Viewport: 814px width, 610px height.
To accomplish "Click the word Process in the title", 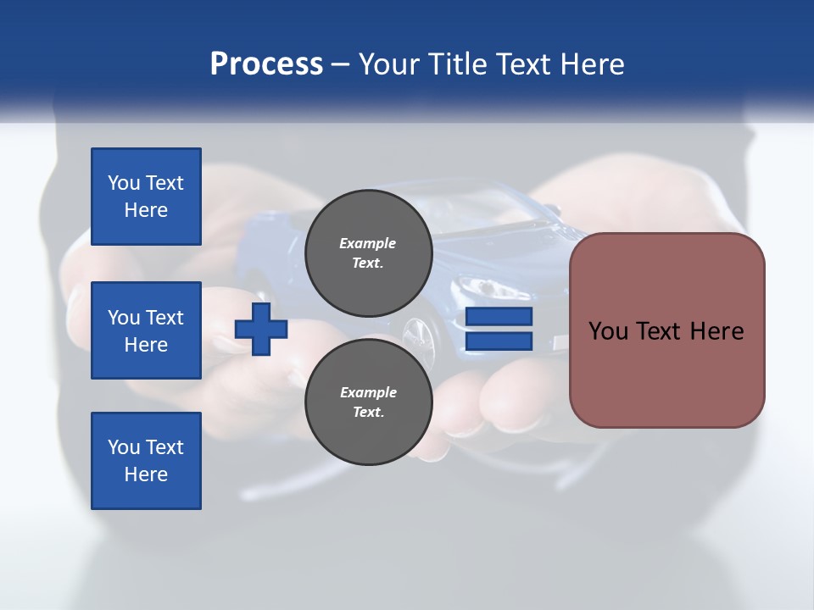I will (x=266, y=64).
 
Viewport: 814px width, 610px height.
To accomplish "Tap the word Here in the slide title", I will (x=593, y=64).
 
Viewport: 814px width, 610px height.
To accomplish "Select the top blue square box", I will (x=146, y=197).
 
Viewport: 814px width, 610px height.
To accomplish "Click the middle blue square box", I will (x=146, y=330).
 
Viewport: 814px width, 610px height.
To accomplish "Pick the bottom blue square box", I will (x=146, y=461).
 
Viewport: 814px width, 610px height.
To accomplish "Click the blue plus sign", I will (x=261, y=329).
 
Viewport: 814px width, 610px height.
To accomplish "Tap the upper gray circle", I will (x=368, y=252).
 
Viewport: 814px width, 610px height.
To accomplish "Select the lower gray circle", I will (x=368, y=402).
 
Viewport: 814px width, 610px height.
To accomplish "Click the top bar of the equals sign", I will (x=499, y=317).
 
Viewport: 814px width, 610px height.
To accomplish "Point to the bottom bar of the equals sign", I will (x=499, y=341).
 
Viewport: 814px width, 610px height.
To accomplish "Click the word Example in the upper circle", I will (x=368, y=243).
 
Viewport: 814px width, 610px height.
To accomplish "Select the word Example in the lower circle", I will (x=368, y=392).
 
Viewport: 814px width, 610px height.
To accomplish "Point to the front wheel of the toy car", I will (x=417, y=333).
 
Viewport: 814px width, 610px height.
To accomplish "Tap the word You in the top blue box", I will (x=124, y=183).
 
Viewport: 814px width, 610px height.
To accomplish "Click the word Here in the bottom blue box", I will (x=146, y=474).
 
